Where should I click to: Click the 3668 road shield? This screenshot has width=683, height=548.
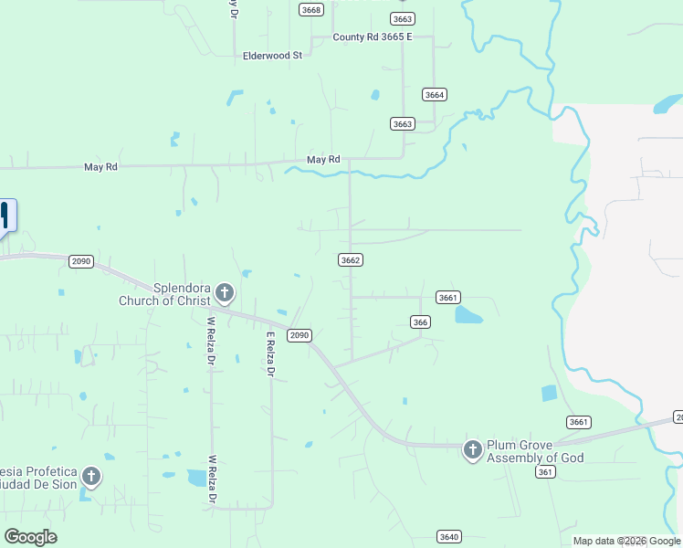(x=311, y=9)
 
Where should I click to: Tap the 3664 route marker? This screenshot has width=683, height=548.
(x=434, y=95)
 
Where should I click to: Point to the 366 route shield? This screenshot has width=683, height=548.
(x=420, y=321)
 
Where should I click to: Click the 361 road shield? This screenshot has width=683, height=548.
(x=546, y=471)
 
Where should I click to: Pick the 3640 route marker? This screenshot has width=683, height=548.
(x=448, y=536)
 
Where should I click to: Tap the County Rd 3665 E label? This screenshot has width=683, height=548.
(x=373, y=37)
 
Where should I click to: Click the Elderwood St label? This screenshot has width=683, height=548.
(x=272, y=56)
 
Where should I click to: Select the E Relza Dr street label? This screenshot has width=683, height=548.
(x=270, y=354)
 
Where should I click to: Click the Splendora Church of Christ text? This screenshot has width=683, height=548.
(x=164, y=294)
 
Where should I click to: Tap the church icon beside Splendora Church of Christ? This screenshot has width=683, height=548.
(x=225, y=293)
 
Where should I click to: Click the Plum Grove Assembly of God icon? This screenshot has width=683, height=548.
(x=472, y=449)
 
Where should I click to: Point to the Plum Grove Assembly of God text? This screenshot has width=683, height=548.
(x=534, y=451)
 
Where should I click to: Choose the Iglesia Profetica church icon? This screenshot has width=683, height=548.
(x=90, y=476)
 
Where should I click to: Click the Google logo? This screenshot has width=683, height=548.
(x=30, y=537)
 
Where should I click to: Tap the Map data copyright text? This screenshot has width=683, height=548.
(x=627, y=541)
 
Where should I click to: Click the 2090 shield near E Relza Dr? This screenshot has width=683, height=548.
(x=299, y=335)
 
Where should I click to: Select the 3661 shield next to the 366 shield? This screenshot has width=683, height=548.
(x=447, y=298)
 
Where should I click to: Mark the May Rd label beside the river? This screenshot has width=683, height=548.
(x=323, y=160)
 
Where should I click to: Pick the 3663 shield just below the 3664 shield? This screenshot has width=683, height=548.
(x=403, y=123)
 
